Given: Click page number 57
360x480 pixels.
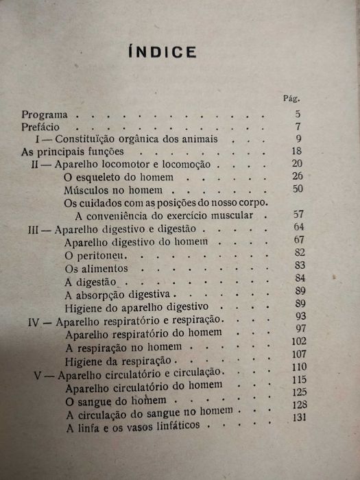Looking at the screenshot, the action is (x=297, y=215).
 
